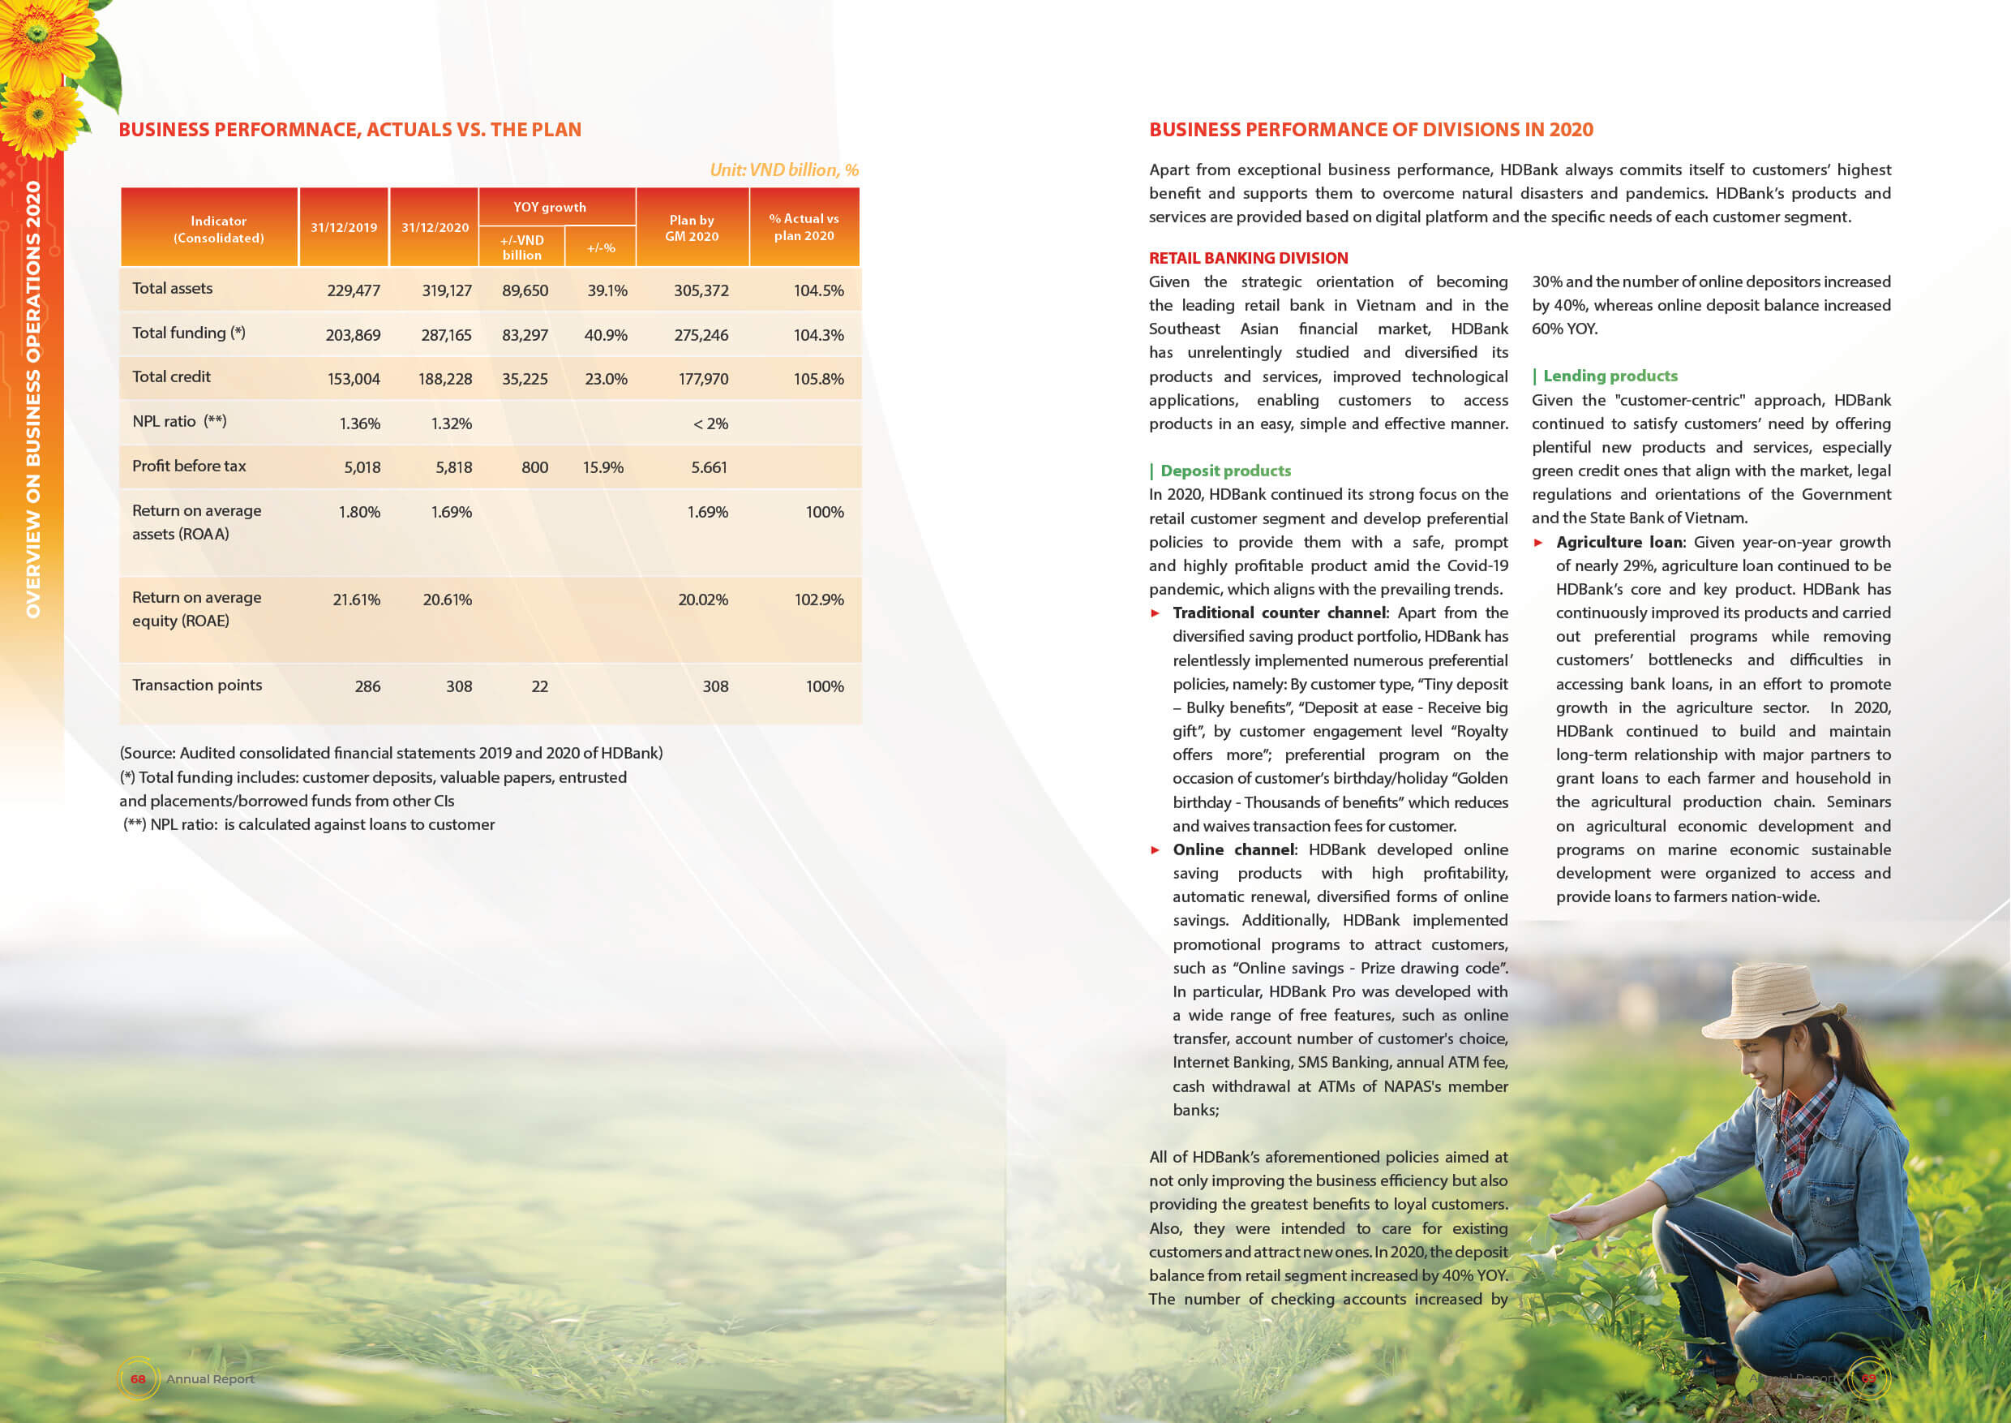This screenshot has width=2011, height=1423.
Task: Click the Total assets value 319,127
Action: click(447, 290)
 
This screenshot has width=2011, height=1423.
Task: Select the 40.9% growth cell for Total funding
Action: click(605, 335)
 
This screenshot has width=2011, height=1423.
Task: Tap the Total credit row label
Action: click(172, 376)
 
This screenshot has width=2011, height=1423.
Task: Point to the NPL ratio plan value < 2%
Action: click(710, 423)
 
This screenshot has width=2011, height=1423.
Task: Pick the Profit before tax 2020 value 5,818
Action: click(454, 467)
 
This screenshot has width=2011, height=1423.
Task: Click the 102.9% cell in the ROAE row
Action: click(819, 600)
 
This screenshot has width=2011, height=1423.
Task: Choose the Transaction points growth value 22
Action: click(539, 686)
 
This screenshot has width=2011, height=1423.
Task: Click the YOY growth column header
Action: click(550, 207)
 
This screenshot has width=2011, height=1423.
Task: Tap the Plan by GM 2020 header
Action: click(692, 228)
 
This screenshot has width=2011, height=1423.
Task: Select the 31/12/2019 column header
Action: click(343, 228)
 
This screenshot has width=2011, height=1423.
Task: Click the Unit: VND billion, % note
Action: click(784, 170)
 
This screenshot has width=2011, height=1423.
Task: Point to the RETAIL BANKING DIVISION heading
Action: click(1248, 258)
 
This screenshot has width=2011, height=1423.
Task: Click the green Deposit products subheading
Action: click(1225, 471)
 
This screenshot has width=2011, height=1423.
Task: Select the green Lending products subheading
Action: click(1610, 376)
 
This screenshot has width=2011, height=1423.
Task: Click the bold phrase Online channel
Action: click(1233, 849)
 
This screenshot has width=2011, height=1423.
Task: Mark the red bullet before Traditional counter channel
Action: click(1156, 613)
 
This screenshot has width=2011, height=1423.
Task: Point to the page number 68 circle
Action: click(138, 1378)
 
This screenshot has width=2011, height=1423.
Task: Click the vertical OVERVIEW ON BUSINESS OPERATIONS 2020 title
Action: click(33, 398)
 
